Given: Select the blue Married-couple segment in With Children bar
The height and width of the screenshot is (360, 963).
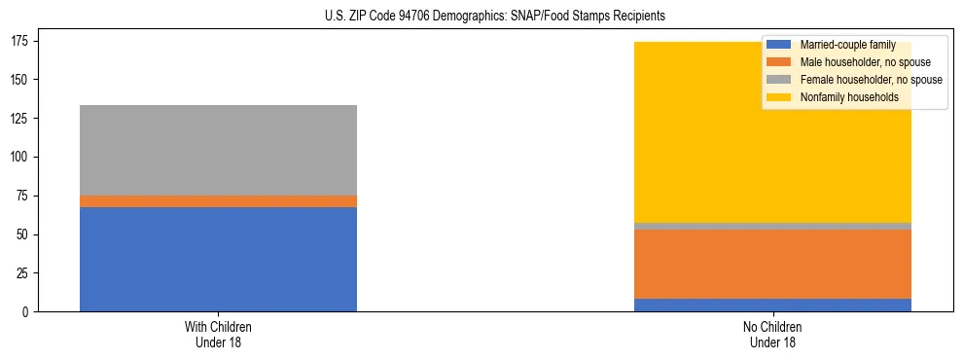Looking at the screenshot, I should coord(218,259).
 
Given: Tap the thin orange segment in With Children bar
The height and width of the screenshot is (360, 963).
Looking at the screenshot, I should coord(218,201).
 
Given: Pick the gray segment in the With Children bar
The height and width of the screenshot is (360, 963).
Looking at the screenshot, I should coord(218,150).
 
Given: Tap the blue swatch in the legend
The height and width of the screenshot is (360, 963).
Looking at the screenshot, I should coord(780,45).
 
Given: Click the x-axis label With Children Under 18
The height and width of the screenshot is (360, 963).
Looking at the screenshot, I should coord(218,334).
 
